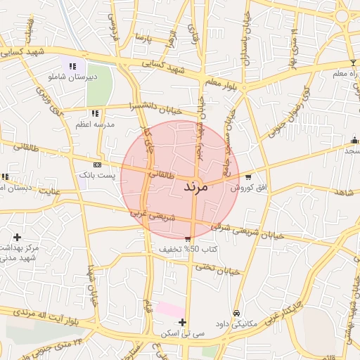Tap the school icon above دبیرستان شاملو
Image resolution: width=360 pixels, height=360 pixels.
[72, 67]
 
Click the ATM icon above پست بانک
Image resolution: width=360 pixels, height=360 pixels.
[97, 164]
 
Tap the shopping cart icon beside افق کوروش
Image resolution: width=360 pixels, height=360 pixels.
[248, 177]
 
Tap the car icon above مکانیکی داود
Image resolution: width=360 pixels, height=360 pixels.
[236, 314]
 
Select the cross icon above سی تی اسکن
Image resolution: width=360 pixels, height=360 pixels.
[183, 322]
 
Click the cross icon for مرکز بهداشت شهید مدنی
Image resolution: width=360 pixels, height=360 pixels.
[17, 237]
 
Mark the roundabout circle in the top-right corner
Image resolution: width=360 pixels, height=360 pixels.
[342, 15]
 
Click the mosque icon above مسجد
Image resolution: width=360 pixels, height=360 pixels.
[354, 141]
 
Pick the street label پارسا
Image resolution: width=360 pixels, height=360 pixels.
[143, 34]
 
